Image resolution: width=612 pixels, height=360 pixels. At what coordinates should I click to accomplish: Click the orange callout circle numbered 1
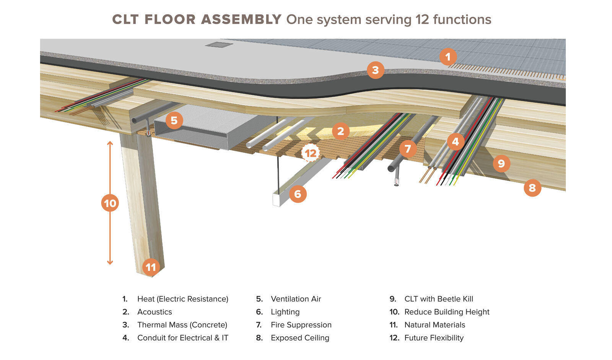[x=448, y=57]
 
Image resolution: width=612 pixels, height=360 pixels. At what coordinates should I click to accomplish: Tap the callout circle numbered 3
[x=375, y=70]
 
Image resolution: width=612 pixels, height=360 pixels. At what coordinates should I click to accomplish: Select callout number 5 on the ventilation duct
[x=174, y=121]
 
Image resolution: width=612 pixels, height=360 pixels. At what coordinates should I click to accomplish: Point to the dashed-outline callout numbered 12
[x=311, y=153]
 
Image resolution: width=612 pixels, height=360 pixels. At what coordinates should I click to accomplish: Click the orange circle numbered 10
[x=110, y=203]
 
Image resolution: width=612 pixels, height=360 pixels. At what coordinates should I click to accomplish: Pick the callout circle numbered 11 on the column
[x=151, y=267]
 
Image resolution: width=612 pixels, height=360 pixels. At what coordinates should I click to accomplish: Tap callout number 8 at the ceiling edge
[x=532, y=188]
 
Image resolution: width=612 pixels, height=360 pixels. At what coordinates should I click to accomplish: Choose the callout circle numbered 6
[x=298, y=194]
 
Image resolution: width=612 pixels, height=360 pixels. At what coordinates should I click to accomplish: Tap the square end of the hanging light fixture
[x=276, y=200]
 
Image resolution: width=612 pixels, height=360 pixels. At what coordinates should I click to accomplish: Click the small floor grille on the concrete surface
[x=219, y=45]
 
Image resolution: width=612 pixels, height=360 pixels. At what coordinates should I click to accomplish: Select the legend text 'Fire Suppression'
[x=301, y=325]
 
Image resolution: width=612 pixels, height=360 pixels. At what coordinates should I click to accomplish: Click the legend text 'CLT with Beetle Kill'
[x=439, y=299]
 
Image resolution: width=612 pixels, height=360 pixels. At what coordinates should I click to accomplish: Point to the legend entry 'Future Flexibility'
[x=434, y=338]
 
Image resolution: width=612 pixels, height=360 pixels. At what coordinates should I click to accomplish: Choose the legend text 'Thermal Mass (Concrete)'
[x=182, y=325]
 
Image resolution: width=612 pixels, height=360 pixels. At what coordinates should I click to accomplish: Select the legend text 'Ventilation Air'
[x=296, y=299]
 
